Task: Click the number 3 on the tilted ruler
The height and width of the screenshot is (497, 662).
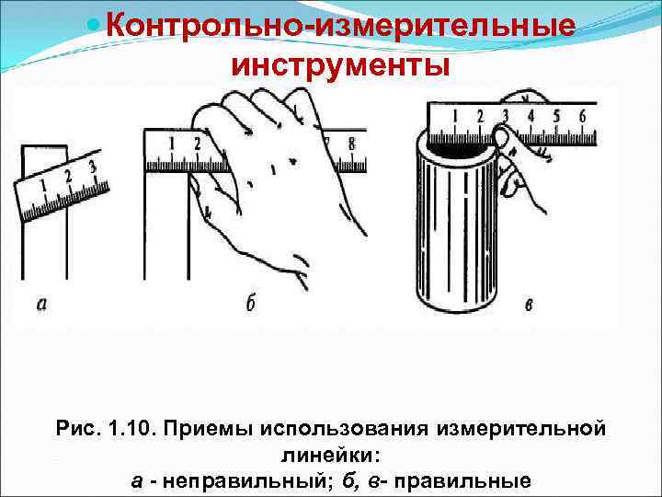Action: click(x=91, y=168)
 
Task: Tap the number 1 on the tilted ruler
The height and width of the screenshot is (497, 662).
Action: click(x=44, y=185)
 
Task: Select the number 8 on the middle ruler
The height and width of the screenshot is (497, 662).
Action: click(x=351, y=144)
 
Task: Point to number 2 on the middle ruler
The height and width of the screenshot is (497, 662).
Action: click(x=197, y=144)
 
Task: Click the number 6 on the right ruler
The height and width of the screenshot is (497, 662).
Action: click(x=581, y=116)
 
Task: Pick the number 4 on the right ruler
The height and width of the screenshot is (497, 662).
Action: click(x=530, y=116)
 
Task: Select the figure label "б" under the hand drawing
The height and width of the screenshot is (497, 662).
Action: click(x=250, y=304)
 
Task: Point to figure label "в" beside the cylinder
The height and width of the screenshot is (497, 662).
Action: click(x=528, y=305)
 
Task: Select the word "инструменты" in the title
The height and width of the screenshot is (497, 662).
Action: click(x=340, y=65)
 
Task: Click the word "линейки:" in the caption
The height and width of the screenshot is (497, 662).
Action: click(x=330, y=455)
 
